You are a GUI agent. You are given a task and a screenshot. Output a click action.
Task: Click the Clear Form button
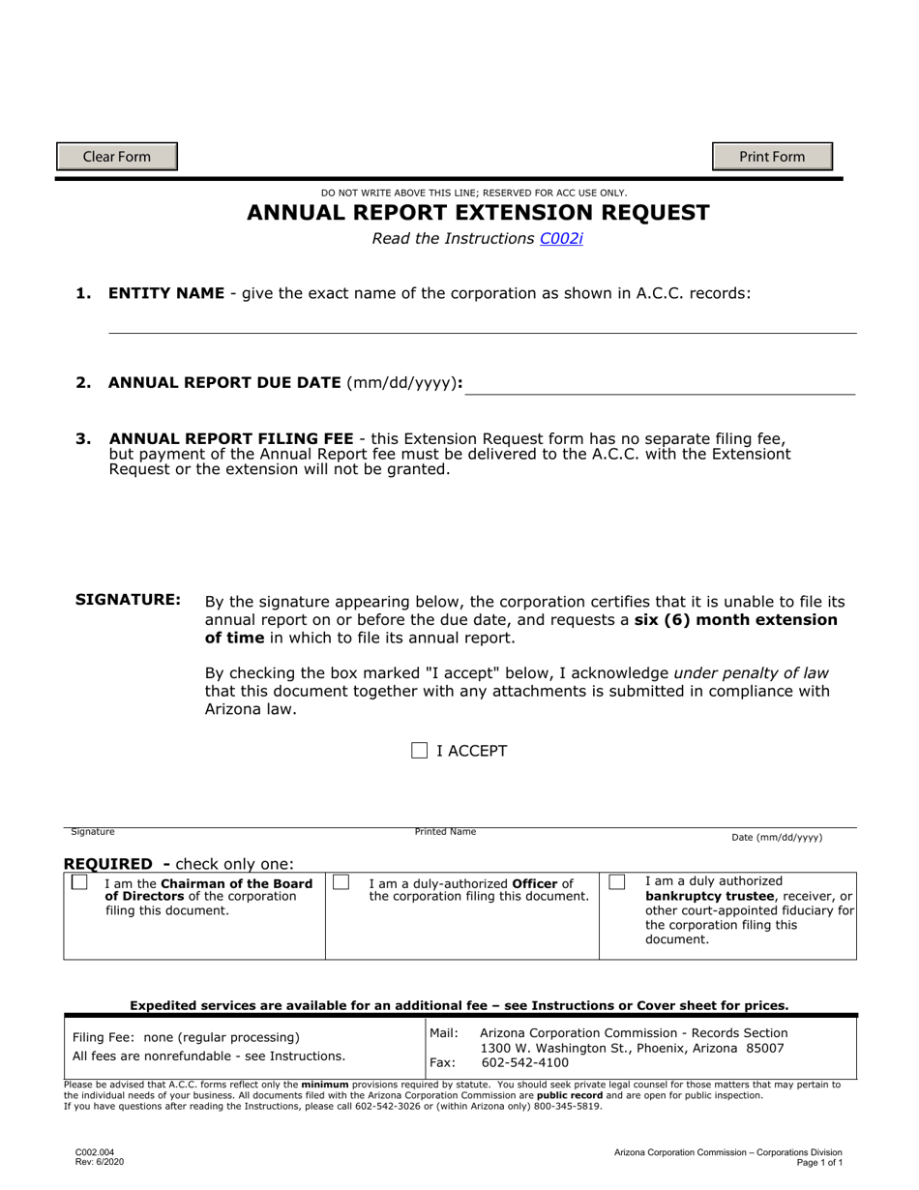pos(117,157)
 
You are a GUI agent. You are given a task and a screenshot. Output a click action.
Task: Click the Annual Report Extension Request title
pos(478,213)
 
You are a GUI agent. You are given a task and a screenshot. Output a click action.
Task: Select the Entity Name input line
pos(482,323)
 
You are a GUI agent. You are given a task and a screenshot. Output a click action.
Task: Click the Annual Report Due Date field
pos(660,384)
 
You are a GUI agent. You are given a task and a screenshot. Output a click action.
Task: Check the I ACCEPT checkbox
pos(419,751)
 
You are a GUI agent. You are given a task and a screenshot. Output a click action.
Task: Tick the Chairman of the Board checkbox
pos(79,882)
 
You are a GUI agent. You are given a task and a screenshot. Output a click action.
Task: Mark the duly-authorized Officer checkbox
pos(341,882)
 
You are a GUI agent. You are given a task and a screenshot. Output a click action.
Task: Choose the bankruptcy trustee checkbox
pos(617,882)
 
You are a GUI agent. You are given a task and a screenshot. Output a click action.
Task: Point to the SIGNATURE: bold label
pos(128,600)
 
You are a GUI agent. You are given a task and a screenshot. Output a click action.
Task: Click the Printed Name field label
pos(445,831)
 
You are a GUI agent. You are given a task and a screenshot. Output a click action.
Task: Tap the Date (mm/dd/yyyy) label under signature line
pos(776,837)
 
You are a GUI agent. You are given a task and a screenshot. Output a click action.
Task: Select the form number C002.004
pos(94,1152)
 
